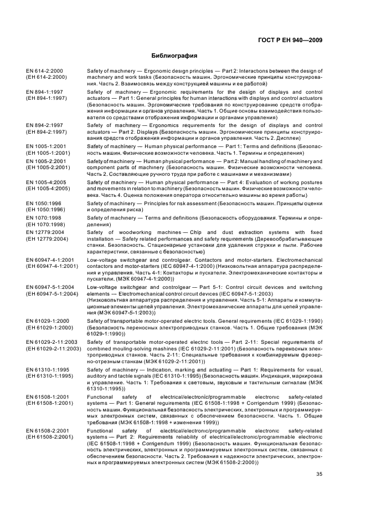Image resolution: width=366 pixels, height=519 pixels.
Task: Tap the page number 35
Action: (319, 474)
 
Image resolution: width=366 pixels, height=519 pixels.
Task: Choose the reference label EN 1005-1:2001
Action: (44, 145)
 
